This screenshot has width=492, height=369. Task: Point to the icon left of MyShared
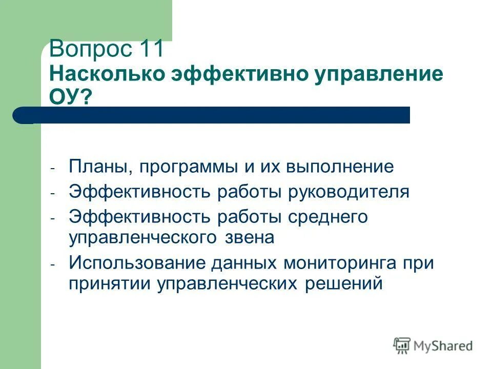click(402, 345)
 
